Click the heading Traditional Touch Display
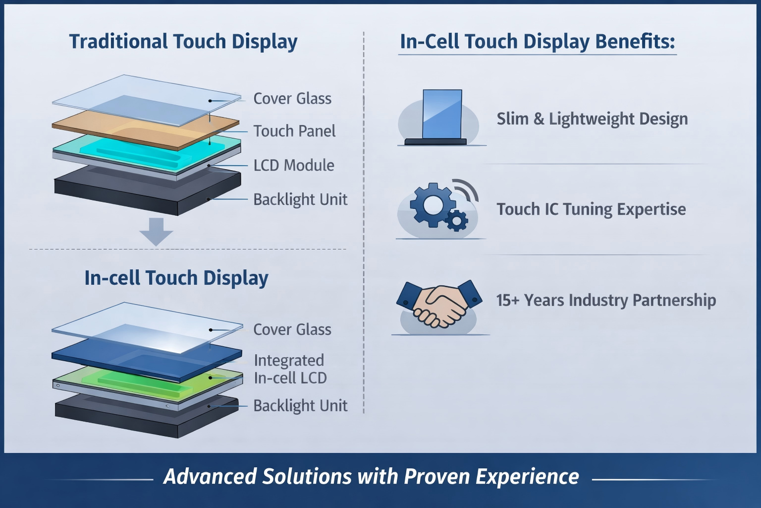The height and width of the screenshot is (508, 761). pos(183,42)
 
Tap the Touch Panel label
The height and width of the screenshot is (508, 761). pos(294,131)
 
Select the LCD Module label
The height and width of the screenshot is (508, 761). pos(294,165)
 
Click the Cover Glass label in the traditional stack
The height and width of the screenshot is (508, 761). pos(292,98)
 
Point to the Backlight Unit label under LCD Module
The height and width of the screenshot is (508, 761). pos(300,199)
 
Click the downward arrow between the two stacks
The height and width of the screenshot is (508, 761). pos(156,231)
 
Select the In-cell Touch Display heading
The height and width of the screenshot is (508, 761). pos(176,278)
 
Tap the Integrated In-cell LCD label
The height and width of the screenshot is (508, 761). pos(290,369)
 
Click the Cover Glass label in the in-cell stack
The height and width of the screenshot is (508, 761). pos(292,329)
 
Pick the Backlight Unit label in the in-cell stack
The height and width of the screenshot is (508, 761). pos(300,406)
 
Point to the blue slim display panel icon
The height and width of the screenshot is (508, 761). pos(442,114)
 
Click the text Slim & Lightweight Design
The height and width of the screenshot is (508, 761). pos(592,119)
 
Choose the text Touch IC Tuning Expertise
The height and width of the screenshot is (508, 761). pos(591,209)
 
